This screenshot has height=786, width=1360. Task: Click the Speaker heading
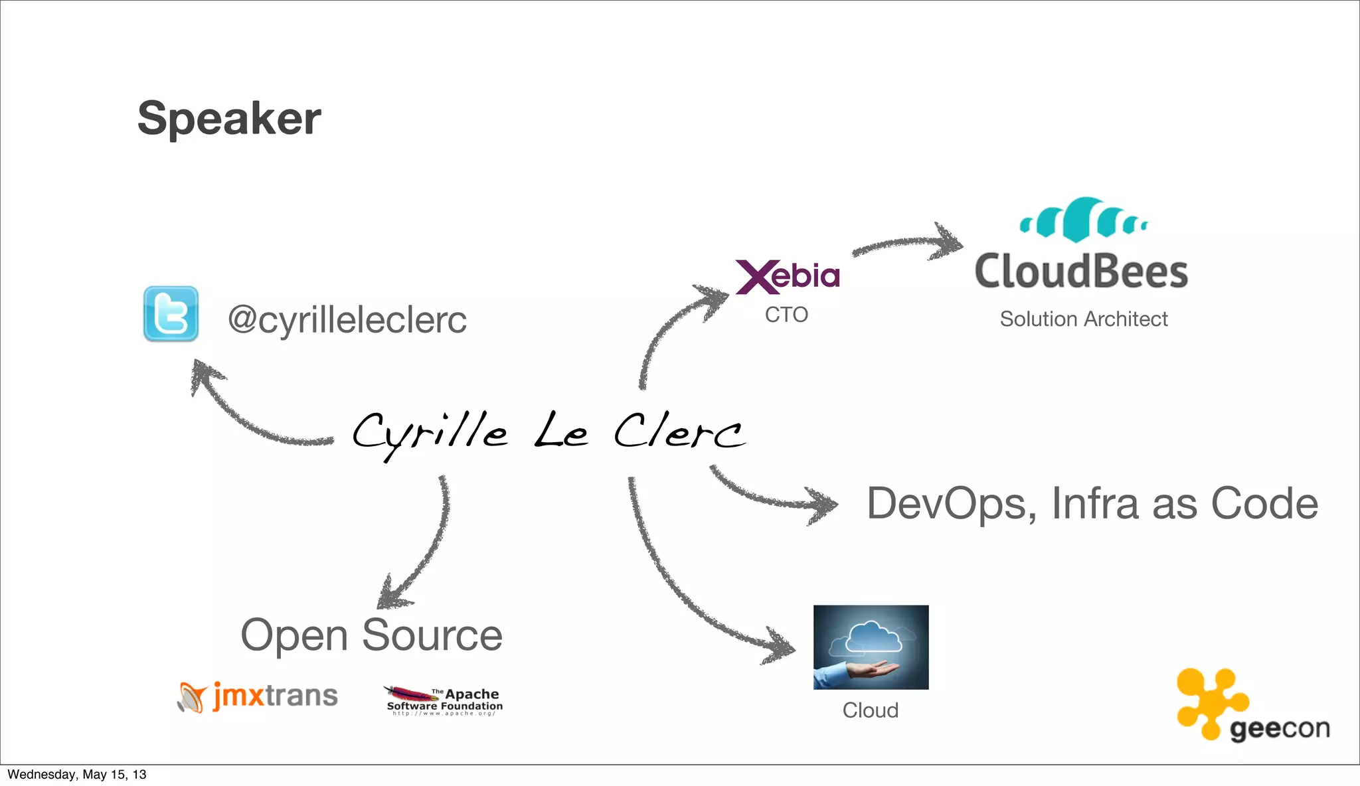coord(229,119)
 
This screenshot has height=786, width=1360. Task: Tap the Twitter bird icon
coord(171,314)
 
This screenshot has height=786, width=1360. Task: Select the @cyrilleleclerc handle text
coord(347,320)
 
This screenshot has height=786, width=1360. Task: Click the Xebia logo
coord(788,276)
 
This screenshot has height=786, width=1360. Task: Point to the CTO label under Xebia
coord(786,315)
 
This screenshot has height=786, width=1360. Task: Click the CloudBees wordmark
coord(1081,272)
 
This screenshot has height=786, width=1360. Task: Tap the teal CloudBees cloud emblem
coord(1083,219)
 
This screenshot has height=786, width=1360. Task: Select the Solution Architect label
coord(1083,319)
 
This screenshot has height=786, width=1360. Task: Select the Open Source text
coord(371,635)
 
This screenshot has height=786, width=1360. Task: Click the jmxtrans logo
coord(258,696)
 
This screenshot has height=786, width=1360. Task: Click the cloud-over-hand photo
coord(871,647)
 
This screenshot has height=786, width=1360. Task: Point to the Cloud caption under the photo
coord(870,710)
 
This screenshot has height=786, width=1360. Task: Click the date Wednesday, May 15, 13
coord(77,775)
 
